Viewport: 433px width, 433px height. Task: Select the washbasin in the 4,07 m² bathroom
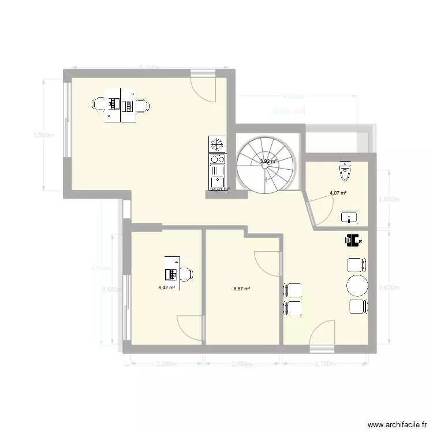[349, 217]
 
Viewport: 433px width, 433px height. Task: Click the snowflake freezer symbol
[218, 143]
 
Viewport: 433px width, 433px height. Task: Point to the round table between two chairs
[356, 286]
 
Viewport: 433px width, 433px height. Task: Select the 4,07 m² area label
[338, 193]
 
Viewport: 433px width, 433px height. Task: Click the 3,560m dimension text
[44, 136]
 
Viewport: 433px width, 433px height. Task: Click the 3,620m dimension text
[387, 286]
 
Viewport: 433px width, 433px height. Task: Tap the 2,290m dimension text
[167, 364]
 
